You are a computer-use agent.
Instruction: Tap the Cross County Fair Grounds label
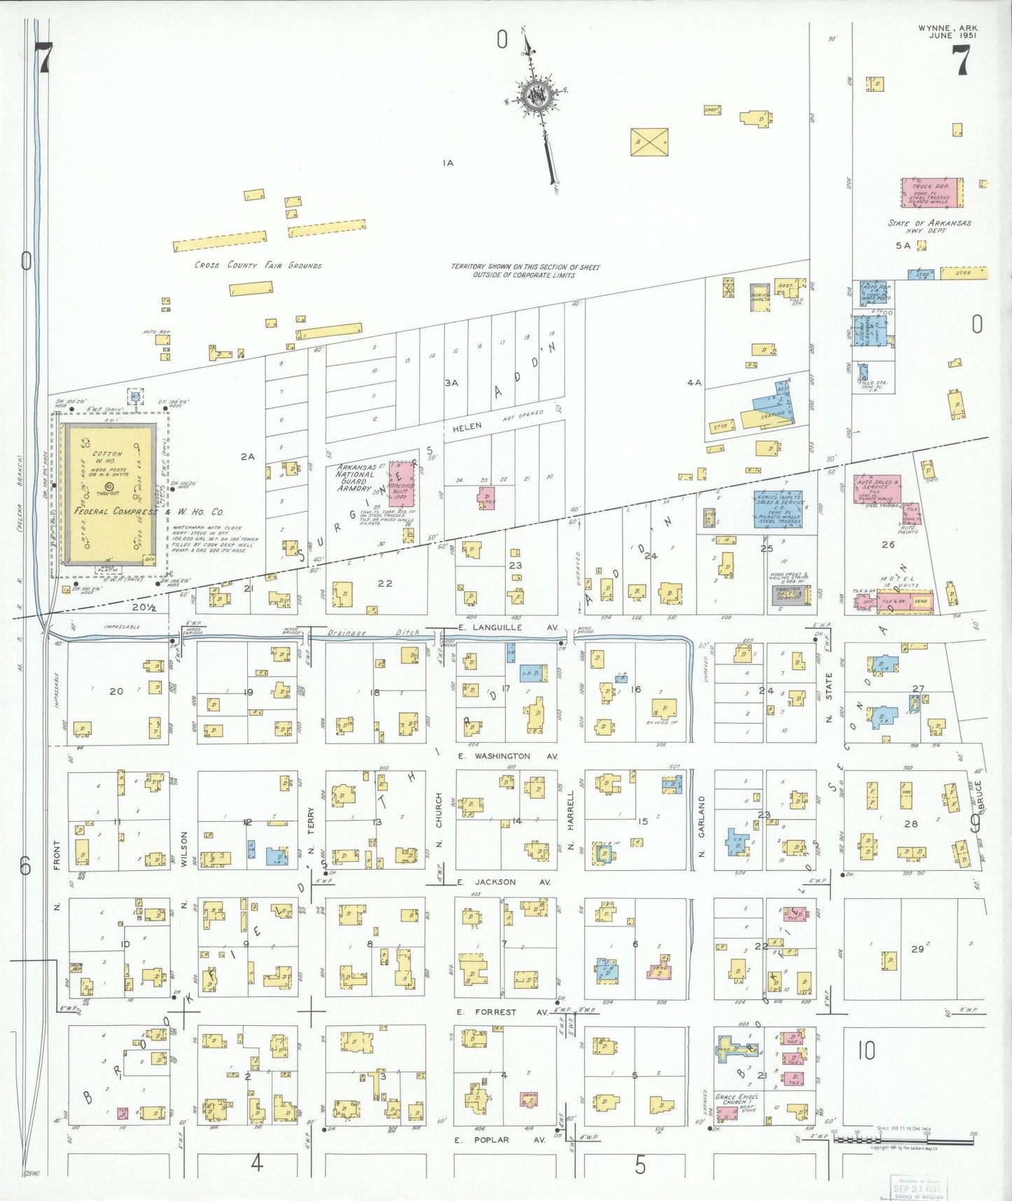click(258, 266)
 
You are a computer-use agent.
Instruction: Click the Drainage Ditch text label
click(373, 633)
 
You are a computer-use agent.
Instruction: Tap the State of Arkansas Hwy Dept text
click(929, 226)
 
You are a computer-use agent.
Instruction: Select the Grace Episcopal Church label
click(735, 1099)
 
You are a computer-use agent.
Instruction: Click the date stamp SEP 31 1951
click(916, 1188)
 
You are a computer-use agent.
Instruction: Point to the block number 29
click(917, 949)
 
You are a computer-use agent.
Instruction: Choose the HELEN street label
click(466, 427)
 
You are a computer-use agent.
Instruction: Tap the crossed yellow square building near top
click(649, 142)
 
